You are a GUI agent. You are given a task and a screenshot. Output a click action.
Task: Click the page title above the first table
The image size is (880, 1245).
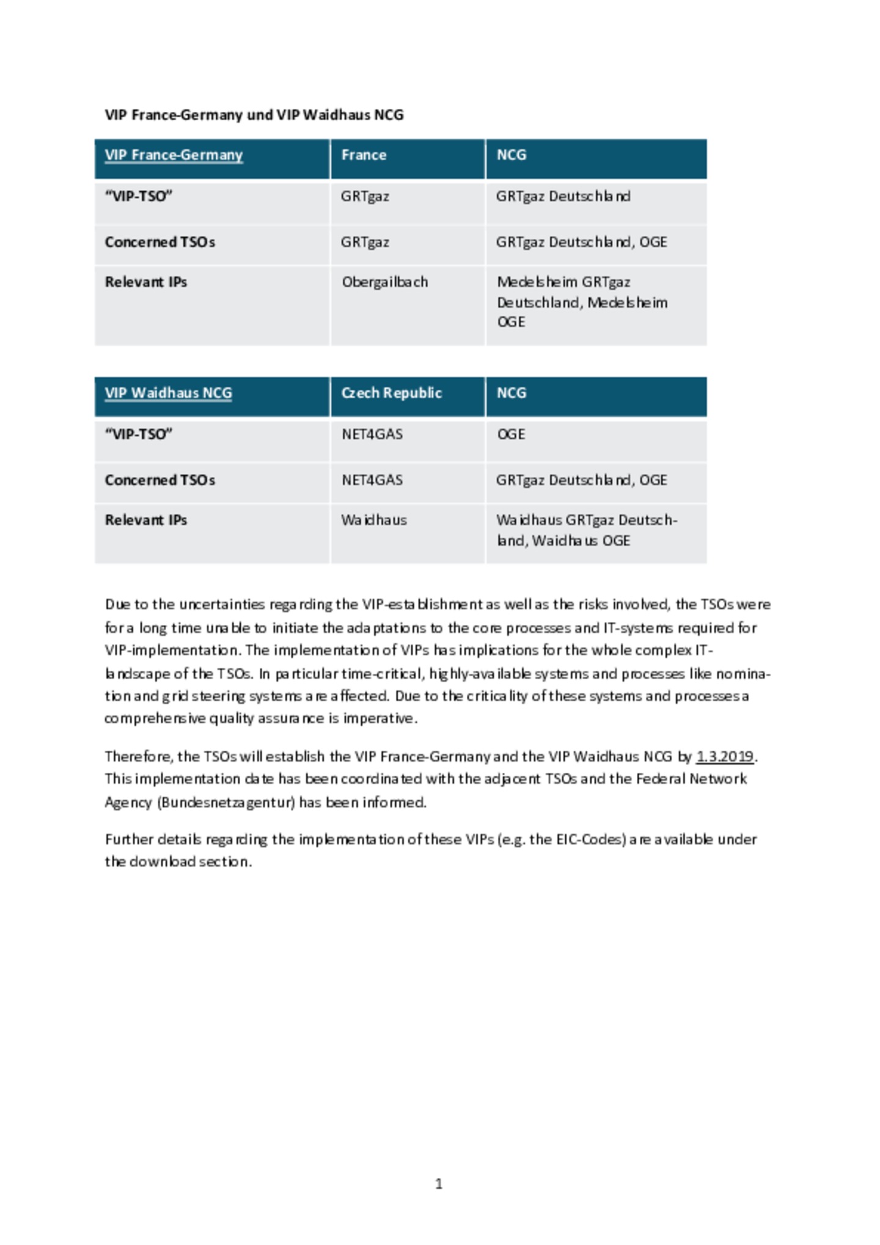254,115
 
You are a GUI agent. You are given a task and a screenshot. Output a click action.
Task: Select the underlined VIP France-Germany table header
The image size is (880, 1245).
174,155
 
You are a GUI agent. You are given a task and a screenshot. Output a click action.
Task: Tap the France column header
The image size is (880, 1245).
364,155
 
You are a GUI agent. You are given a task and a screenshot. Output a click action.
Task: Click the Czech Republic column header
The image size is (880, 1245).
391,393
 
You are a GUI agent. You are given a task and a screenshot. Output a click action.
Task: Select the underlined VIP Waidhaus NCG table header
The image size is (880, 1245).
168,393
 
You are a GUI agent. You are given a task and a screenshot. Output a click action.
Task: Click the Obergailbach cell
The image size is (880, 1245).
384,282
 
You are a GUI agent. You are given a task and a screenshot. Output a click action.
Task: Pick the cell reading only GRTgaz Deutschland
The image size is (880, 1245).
563,197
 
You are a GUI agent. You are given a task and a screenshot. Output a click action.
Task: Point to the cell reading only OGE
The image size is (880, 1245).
511,434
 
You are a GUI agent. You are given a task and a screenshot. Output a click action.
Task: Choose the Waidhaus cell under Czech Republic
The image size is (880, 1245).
374,520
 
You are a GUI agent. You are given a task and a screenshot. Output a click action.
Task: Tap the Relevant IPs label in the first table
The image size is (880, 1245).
145,282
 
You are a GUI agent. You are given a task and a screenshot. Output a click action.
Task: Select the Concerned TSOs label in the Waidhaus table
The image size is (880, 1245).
159,480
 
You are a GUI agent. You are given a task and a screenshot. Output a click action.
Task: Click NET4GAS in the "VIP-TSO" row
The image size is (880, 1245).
372,434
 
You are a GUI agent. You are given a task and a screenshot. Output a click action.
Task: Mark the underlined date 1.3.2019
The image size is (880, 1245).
724,756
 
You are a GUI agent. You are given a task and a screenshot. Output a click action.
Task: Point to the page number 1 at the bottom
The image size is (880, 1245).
439,1184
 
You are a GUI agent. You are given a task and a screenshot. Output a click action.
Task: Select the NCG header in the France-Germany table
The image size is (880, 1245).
512,155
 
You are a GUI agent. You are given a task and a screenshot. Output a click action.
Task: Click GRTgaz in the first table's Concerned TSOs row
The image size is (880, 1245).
365,243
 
